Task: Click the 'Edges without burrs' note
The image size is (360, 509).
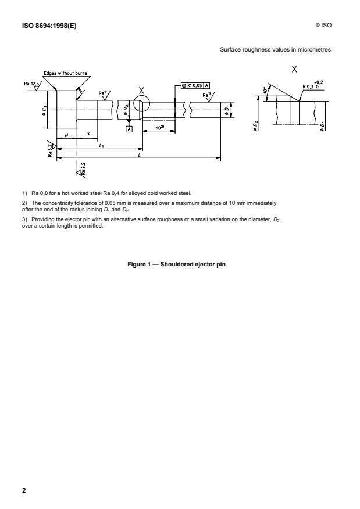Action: (x=65, y=73)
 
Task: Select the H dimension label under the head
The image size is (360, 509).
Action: (x=66, y=135)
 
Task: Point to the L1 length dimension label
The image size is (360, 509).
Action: (x=102, y=145)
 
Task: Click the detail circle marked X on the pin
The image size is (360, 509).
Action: (x=141, y=105)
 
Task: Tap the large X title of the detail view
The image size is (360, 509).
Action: (x=295, y=68)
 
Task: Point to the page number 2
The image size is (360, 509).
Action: (x=24, y=490)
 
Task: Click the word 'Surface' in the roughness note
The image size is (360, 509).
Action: (x=229, y=50)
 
